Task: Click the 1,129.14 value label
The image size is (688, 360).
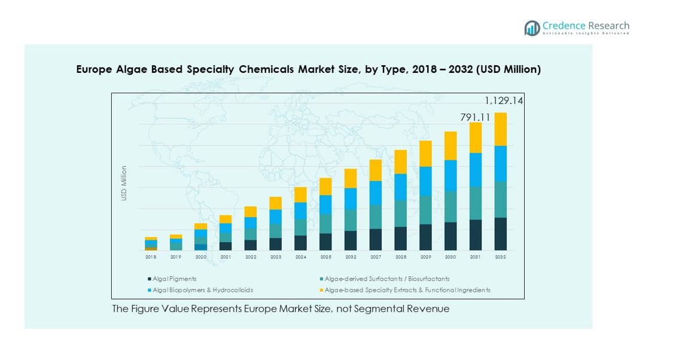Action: coord(504,101)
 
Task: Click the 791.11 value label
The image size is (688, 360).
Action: coord(475,118)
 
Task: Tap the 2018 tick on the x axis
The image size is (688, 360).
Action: coord(151,257)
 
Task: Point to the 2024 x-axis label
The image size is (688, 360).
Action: coord(300,257)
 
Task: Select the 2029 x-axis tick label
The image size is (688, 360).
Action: coord(425,257)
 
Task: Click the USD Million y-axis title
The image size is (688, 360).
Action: coord(124,183)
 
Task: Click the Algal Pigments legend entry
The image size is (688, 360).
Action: coord(174,279)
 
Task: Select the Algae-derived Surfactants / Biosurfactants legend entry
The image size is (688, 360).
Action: coord(386,279)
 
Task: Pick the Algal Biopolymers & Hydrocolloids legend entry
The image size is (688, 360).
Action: coord(202,290)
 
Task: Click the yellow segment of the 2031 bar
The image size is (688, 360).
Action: coord(476,138)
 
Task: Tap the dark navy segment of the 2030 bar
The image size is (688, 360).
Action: coord(450,236)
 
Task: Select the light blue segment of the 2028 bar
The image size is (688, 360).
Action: coord(400,187)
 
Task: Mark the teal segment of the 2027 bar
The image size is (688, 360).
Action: coord(375,217)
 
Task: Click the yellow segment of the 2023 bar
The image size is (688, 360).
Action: coord(275,203)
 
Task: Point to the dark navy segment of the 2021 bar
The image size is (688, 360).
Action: coord(226,246)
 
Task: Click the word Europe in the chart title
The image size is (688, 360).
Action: coord(93,69)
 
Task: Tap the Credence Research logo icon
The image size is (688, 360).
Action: coord(532,28)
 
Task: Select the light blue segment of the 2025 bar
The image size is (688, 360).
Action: coord(325,205)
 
